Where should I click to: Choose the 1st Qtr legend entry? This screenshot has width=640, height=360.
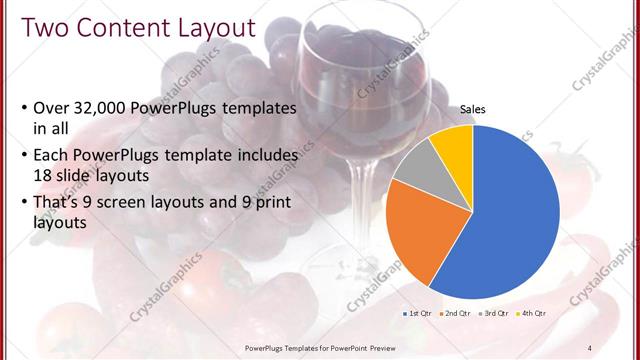point(418,313)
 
